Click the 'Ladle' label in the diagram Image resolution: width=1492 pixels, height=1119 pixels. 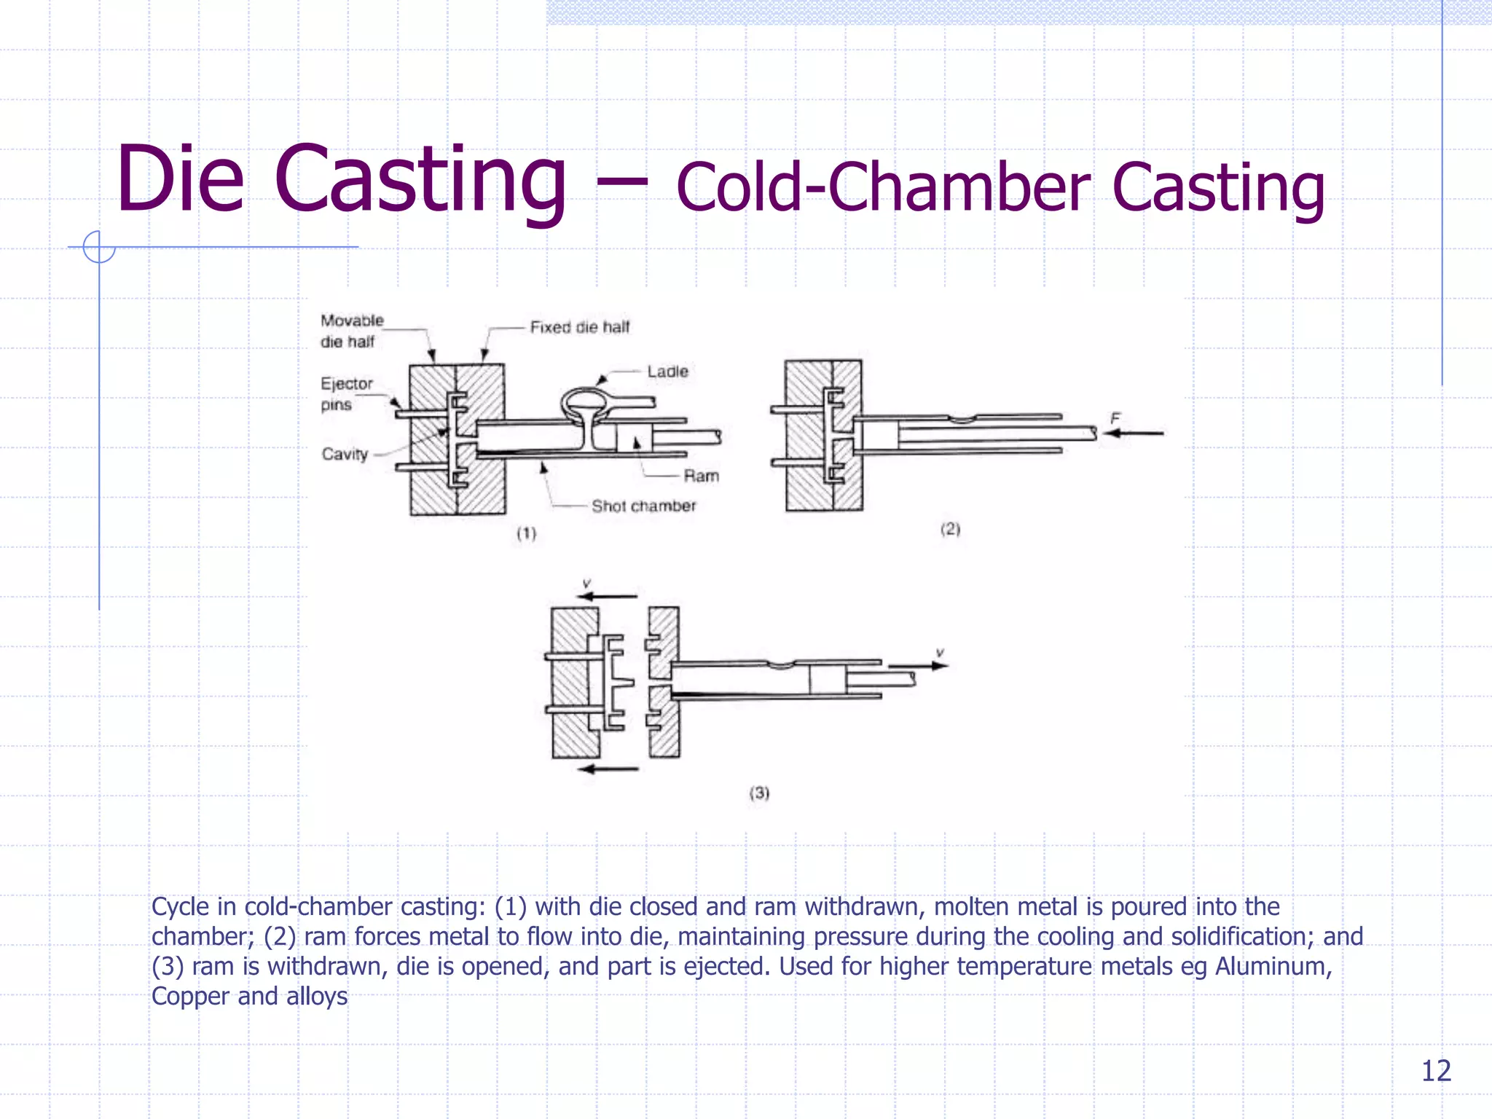[667, 372]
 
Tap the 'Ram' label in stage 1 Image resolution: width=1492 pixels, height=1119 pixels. [701, 476]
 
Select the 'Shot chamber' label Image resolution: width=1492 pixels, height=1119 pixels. [643, 506]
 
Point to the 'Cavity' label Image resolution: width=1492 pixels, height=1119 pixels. [345, 455]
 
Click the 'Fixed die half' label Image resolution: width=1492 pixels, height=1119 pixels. [579, 328]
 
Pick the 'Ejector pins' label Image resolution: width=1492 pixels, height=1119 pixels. [346, 394]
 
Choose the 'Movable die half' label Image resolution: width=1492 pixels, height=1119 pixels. [351, 331]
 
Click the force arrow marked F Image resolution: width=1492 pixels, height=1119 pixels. [1134, 433]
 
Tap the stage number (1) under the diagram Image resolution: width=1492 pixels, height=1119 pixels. [526, 534]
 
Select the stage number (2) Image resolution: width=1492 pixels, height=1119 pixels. [950, 530]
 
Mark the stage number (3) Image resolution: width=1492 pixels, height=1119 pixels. [759, 793]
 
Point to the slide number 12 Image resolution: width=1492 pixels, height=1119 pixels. [1436, 1071]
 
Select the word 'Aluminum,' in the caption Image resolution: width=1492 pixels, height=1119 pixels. [1273, 967]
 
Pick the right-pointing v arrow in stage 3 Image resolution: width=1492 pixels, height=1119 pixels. [918, 665]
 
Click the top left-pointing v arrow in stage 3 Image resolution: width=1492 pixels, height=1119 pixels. [606, 597]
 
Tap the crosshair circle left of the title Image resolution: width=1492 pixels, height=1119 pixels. [99, 247]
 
